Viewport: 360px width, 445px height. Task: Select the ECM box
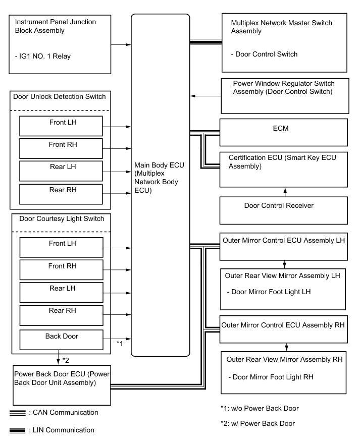click(x=283, y=132)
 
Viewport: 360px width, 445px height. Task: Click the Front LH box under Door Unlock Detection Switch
click(x=61, y=126)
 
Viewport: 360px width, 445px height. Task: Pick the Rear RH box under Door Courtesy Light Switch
click(x=61, y=315)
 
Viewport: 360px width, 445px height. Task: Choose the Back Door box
click(x=61, y=339)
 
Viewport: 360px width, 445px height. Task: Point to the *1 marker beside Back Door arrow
click(x=120, y=344)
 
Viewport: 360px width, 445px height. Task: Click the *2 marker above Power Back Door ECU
click(x=66, y=360)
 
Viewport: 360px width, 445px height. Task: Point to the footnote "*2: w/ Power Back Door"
click(x=258, y=423)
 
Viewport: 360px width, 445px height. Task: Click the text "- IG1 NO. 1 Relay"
click(x=43, y=56)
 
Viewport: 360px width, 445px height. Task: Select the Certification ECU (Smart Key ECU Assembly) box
click(x=283, y=169)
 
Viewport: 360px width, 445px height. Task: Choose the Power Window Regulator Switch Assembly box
click(x=284, y=96)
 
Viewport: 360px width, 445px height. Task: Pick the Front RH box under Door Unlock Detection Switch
click(x=61, y=148)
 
